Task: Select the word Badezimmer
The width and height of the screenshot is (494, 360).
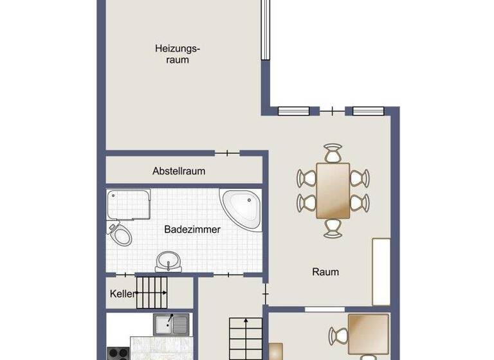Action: click(192, 229)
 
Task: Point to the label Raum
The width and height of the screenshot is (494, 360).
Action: click(325, 271)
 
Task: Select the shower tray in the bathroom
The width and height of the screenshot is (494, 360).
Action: click(128, 204)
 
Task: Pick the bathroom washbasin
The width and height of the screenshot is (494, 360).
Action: click(169, 261)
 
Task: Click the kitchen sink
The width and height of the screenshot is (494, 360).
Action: click(171, 323)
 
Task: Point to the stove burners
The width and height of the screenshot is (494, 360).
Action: click(118, 353)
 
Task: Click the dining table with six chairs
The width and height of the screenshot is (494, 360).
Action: click(333, 190)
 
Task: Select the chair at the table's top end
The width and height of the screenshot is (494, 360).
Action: click(333, 154)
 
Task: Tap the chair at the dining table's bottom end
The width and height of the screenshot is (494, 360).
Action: click(333, 226)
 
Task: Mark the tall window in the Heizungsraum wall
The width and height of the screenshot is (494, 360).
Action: click(264, 30)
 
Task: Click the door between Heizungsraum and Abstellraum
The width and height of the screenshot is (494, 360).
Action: click(226, 154)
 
